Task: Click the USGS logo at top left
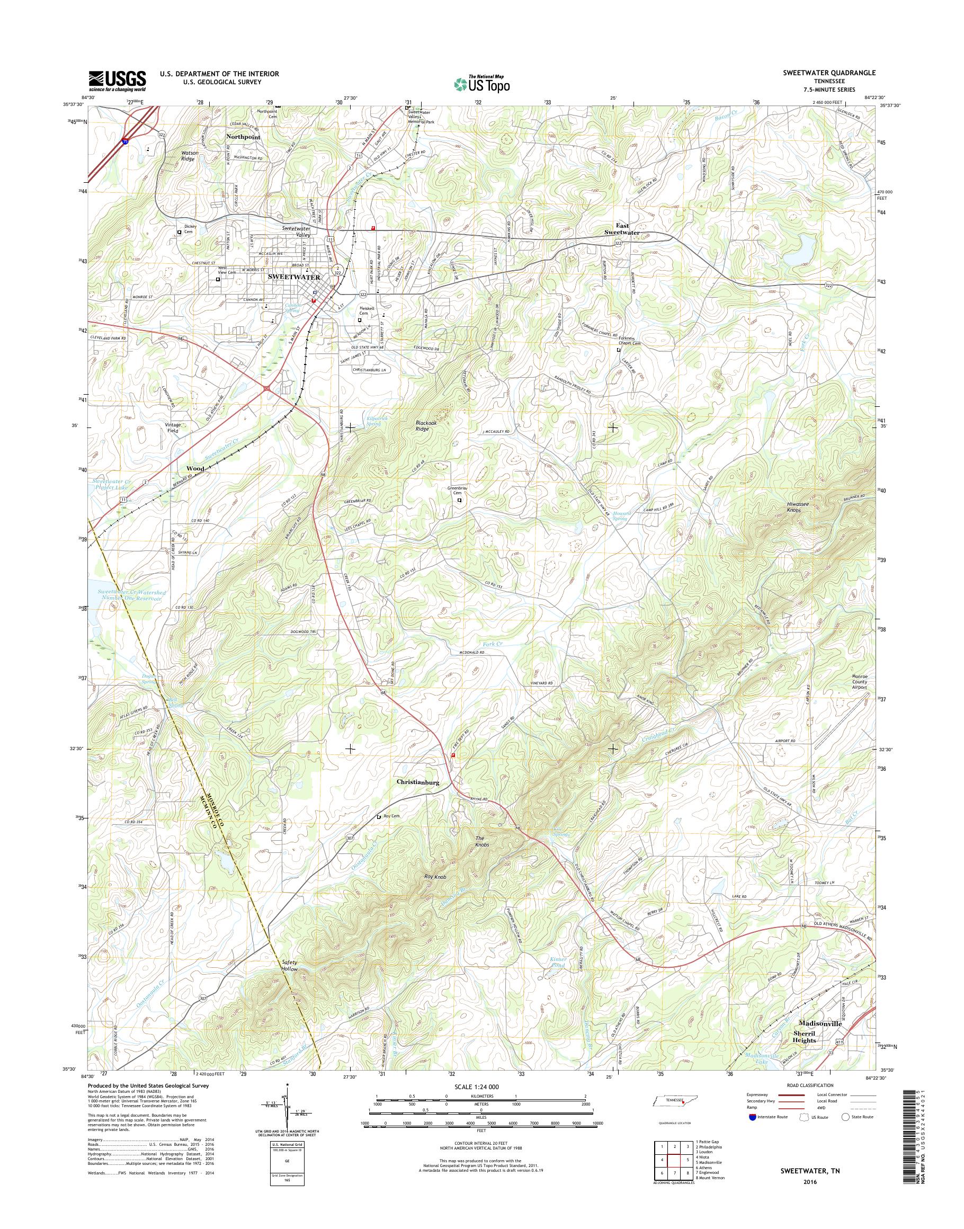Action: (x=117, y=81)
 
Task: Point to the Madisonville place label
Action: (x=820, y=1023)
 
